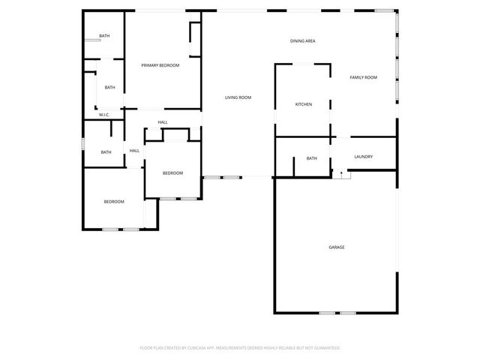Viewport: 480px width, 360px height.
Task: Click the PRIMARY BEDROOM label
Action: click(160, 65)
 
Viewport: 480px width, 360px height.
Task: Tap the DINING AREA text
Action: click(302, 40)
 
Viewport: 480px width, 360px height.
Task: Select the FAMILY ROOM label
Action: click(363, 78)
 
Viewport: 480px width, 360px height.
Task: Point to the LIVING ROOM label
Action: click(238, 97)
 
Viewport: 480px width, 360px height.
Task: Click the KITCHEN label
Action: click(303, 104)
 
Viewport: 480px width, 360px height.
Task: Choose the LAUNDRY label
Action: click(363, 157)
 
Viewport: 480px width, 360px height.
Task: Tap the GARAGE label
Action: click(337, 247)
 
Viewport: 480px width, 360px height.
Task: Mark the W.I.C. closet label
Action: click(104, 115)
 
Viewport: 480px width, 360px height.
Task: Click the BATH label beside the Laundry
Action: click(311, 158)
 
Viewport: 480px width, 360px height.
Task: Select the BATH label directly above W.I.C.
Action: click(109, 88)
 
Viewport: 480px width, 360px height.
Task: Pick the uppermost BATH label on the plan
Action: click(104, 36)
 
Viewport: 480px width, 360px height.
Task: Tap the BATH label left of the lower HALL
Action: click(106, 152)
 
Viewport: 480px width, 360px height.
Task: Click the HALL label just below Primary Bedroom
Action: click(163, 122)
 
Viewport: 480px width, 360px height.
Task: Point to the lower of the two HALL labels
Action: click(134, 151)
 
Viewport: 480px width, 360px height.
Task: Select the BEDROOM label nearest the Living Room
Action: click(173, 173)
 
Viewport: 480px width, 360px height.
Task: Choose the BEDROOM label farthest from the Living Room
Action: click(114, 202)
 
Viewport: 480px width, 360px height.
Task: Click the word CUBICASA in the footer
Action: click(199, 348)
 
